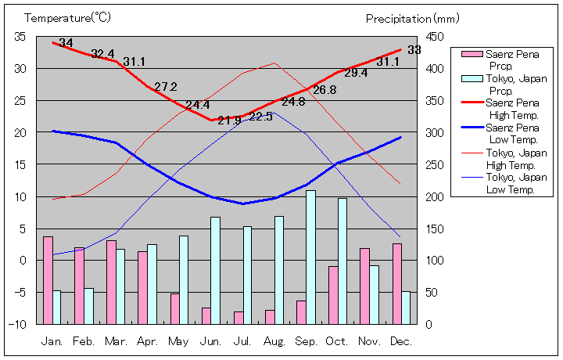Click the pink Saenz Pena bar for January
pos(48,279)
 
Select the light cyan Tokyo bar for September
pos(310,257)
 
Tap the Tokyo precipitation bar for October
pos(342,261)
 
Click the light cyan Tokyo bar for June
pos(216,270)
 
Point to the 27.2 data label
pos(166,87)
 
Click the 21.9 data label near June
pos(230,120)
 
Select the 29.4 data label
pos(356,73)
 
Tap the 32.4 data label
pos(102,54)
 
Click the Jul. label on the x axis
pos(242,341)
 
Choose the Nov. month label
pos(369,341)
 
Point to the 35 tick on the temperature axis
pos(20,37)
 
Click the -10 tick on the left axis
pos(18,323)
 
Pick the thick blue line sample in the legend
pos(472,128)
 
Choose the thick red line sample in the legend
pos(472,103)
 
